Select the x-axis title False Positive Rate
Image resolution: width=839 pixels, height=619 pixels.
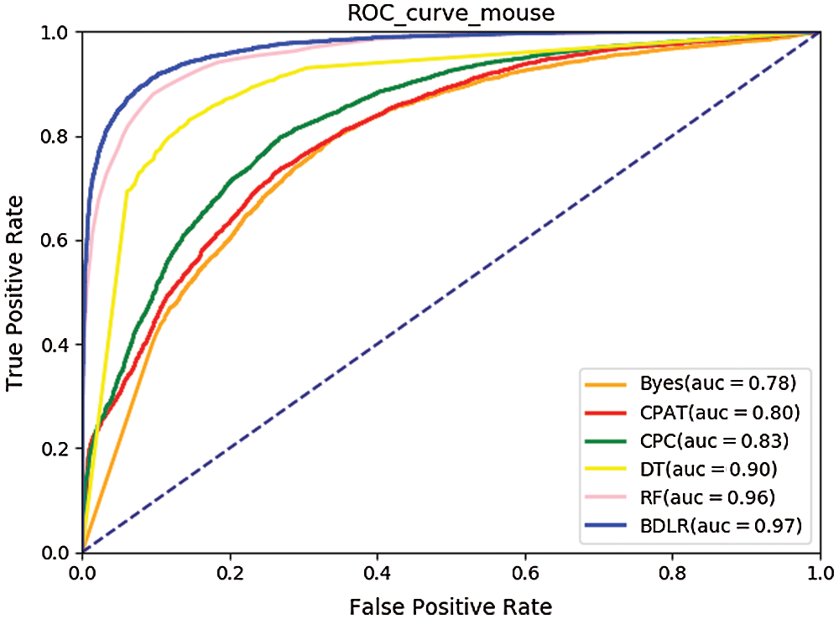click(x=451, y=604)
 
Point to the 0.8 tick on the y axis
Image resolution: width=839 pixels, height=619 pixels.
click(x=58, y=136)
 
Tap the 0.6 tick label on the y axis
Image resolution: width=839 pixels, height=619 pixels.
click(x=58, y=241)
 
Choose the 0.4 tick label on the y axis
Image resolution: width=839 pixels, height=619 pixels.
click(x=58, y=345)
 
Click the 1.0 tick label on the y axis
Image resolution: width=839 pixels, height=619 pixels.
click(x=58, y=32)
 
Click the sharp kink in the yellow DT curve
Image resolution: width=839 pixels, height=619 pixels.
click(x=127, y=191)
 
